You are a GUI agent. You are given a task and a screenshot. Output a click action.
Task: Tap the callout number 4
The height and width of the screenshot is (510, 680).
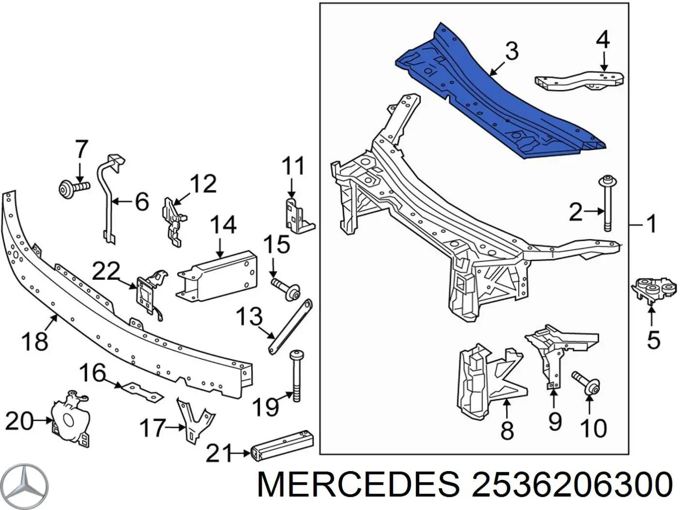pos(603,40)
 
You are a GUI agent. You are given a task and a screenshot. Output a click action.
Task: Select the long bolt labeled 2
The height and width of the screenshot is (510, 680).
pos(606,204)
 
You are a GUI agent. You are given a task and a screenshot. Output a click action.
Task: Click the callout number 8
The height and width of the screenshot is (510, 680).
pos(507,430)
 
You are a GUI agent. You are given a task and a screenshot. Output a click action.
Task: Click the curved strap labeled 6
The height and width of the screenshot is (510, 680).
pos(107,194)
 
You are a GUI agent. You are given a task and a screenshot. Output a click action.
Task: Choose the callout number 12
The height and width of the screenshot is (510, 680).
pos(203,184)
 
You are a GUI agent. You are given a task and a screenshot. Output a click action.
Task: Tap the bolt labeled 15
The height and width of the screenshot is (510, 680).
pos(287,290)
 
